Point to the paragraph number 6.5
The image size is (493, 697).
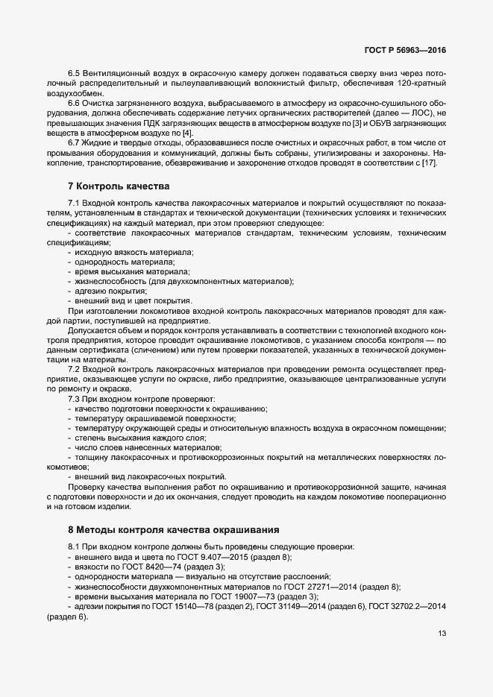coord(74,73)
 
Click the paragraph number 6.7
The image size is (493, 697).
coord(74,142)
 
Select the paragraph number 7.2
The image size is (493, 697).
coord(74,369)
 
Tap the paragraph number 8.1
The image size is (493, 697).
coord(74,547)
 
